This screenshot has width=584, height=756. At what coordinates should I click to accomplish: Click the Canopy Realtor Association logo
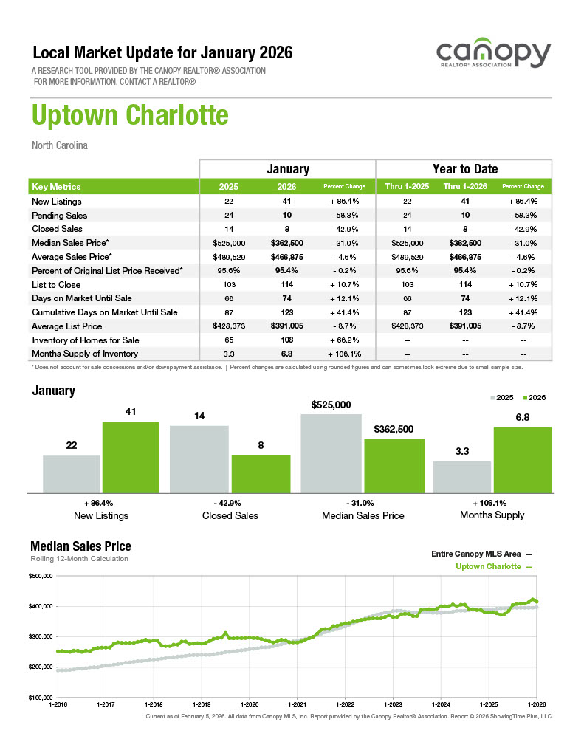coord(493,56)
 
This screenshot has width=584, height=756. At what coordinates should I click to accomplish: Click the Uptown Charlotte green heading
coord(130,115)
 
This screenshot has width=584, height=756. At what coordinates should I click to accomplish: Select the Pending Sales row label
coord(60,216)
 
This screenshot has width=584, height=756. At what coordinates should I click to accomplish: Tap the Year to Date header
coord(464,169)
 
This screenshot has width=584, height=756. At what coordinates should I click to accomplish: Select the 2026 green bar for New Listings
coord(131,456)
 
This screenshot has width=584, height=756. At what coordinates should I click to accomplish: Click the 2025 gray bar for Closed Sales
coord(199,458)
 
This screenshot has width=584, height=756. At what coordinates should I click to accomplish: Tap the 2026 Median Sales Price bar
coord(394,465)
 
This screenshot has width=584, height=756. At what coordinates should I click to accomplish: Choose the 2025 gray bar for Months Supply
coord(462,476)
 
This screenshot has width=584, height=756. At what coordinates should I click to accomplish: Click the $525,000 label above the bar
coord(331,405)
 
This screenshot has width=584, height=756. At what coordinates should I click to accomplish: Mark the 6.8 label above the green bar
coord(522,417)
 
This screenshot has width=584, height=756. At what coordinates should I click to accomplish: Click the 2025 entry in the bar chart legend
coord(501,397)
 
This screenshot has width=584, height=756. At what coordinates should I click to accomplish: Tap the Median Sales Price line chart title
coord(80,546)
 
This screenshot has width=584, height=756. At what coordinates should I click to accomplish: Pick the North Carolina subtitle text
coord(60,145)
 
